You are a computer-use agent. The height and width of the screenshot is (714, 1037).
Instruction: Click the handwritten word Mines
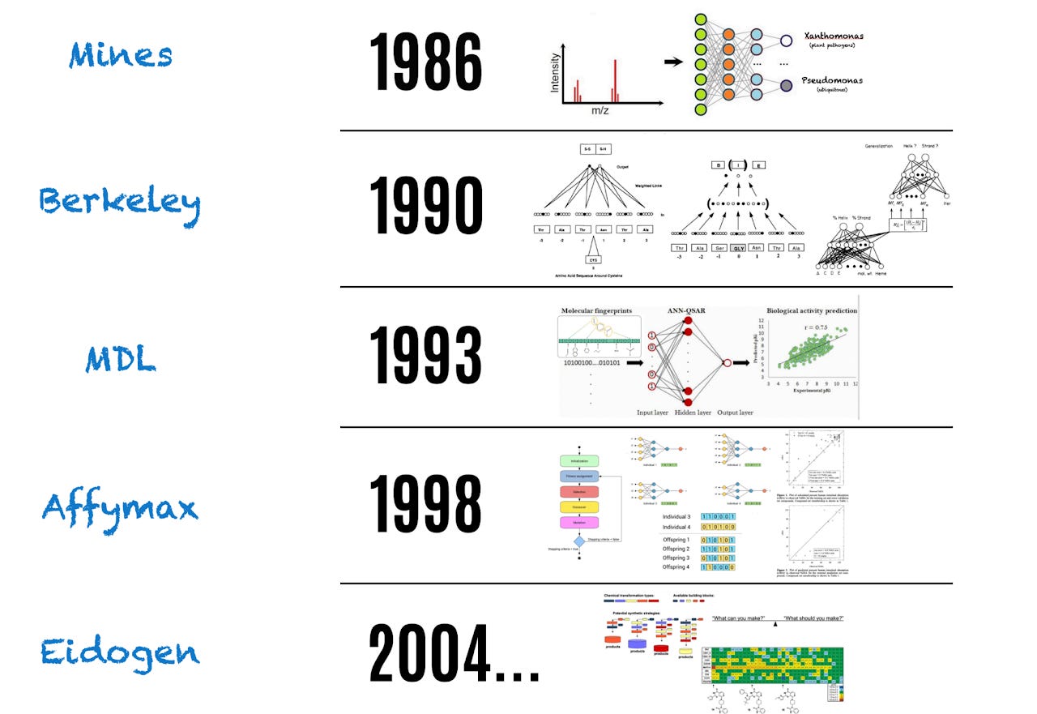[121, 55]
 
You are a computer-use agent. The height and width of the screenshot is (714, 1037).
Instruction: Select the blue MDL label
[121, 358]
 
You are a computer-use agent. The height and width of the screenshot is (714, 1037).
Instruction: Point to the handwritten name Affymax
[120, 507]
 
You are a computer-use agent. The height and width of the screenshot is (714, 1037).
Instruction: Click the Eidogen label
[120, 651]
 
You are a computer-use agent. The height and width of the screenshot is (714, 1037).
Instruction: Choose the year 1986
[426, 62]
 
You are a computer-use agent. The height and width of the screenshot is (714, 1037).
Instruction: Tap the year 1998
[426, 505]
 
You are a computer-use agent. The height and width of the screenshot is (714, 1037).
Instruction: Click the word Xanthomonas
[833, 36]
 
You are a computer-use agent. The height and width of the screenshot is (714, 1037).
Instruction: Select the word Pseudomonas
[833, 80]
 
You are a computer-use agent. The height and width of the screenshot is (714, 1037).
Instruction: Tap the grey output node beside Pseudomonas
[785, 85]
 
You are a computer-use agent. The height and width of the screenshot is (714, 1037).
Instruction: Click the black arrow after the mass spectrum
[672, 61]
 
